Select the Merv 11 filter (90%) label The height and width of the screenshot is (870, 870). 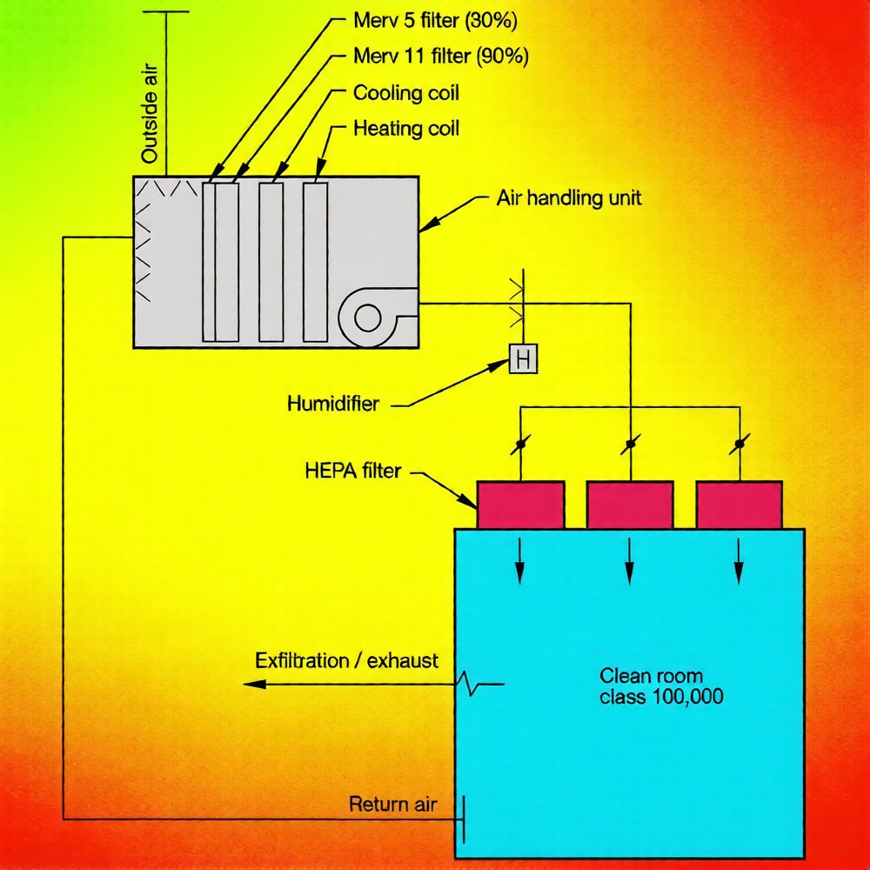(440, 57)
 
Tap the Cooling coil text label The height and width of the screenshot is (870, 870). (405, 93)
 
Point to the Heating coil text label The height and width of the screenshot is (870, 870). (406, 129)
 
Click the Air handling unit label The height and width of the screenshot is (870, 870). (569, 197)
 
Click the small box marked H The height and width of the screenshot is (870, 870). (523, 358)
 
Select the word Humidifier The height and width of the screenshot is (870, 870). (333, 404)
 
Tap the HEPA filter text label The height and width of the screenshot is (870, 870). (353, 472)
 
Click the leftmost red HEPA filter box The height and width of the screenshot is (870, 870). (520, 505)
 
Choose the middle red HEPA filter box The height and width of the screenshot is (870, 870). (630, 505)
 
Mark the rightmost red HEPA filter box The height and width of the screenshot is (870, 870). (739, 505)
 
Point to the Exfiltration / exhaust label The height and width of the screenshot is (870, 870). (346, 660)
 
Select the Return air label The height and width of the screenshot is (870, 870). (392, 803)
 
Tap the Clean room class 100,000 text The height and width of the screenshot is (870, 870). (661, 686)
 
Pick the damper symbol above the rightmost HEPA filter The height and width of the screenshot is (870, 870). (739, 445)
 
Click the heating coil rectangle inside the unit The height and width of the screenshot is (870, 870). (315, 261)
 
